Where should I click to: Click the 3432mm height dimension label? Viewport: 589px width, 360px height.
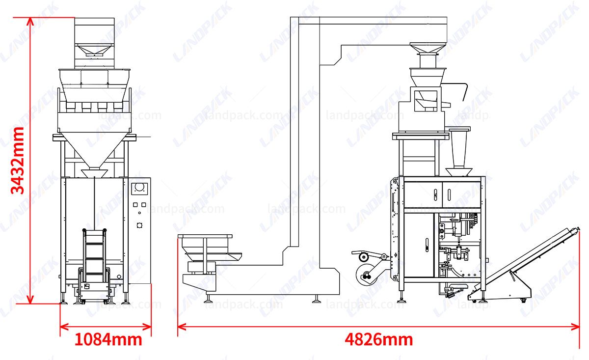click(x=18, y=161)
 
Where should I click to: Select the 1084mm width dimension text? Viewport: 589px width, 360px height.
click(x=108, y=339)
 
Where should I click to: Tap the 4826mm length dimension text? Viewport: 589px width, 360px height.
click(x=378, y=339)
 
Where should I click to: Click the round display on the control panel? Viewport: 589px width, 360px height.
click(x=140, y=188)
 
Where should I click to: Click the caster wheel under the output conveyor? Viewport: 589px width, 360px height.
click(x=523, y=300)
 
